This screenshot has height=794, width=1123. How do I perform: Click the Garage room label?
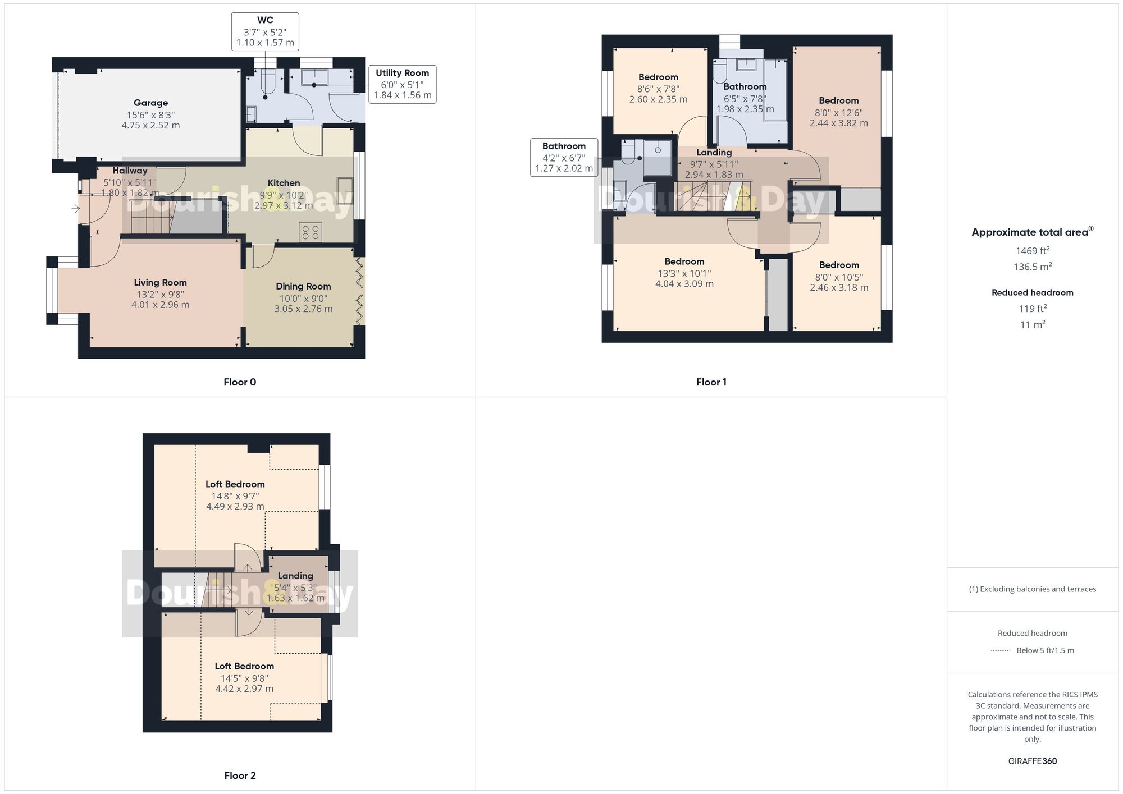pos(150,103)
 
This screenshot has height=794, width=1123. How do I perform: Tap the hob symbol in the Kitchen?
pos(311,232)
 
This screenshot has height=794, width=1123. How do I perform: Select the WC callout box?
pos(265,32)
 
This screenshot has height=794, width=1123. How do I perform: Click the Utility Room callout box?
pos(402,84)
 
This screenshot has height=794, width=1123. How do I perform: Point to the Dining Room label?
pos(303,287)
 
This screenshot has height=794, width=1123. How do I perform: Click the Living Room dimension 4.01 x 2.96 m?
pos(160,305)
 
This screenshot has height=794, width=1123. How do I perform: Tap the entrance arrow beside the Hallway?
pos(76,209)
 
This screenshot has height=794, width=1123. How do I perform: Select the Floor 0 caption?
pos(240,382)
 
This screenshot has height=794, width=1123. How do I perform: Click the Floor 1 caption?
pos(711,382)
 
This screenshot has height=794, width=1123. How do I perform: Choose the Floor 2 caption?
pos(240,775)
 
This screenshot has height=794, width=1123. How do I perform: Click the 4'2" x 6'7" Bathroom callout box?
pos(564,158)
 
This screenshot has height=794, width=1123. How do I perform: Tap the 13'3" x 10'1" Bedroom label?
pos(684,262)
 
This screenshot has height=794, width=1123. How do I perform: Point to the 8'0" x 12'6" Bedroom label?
pos(838,101)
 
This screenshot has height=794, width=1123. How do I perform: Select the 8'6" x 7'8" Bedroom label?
pos(658,77)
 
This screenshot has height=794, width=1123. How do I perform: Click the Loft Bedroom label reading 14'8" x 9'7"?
pos(235,484)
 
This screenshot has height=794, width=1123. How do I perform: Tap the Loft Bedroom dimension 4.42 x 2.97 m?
pos(244,689)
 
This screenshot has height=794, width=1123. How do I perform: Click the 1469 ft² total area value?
pos(1032,251)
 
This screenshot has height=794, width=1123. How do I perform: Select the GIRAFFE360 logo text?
pos(1032,761)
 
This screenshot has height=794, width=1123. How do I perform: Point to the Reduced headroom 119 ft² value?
pos(1032,309)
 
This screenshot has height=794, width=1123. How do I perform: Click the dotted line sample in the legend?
pos(1001,651)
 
